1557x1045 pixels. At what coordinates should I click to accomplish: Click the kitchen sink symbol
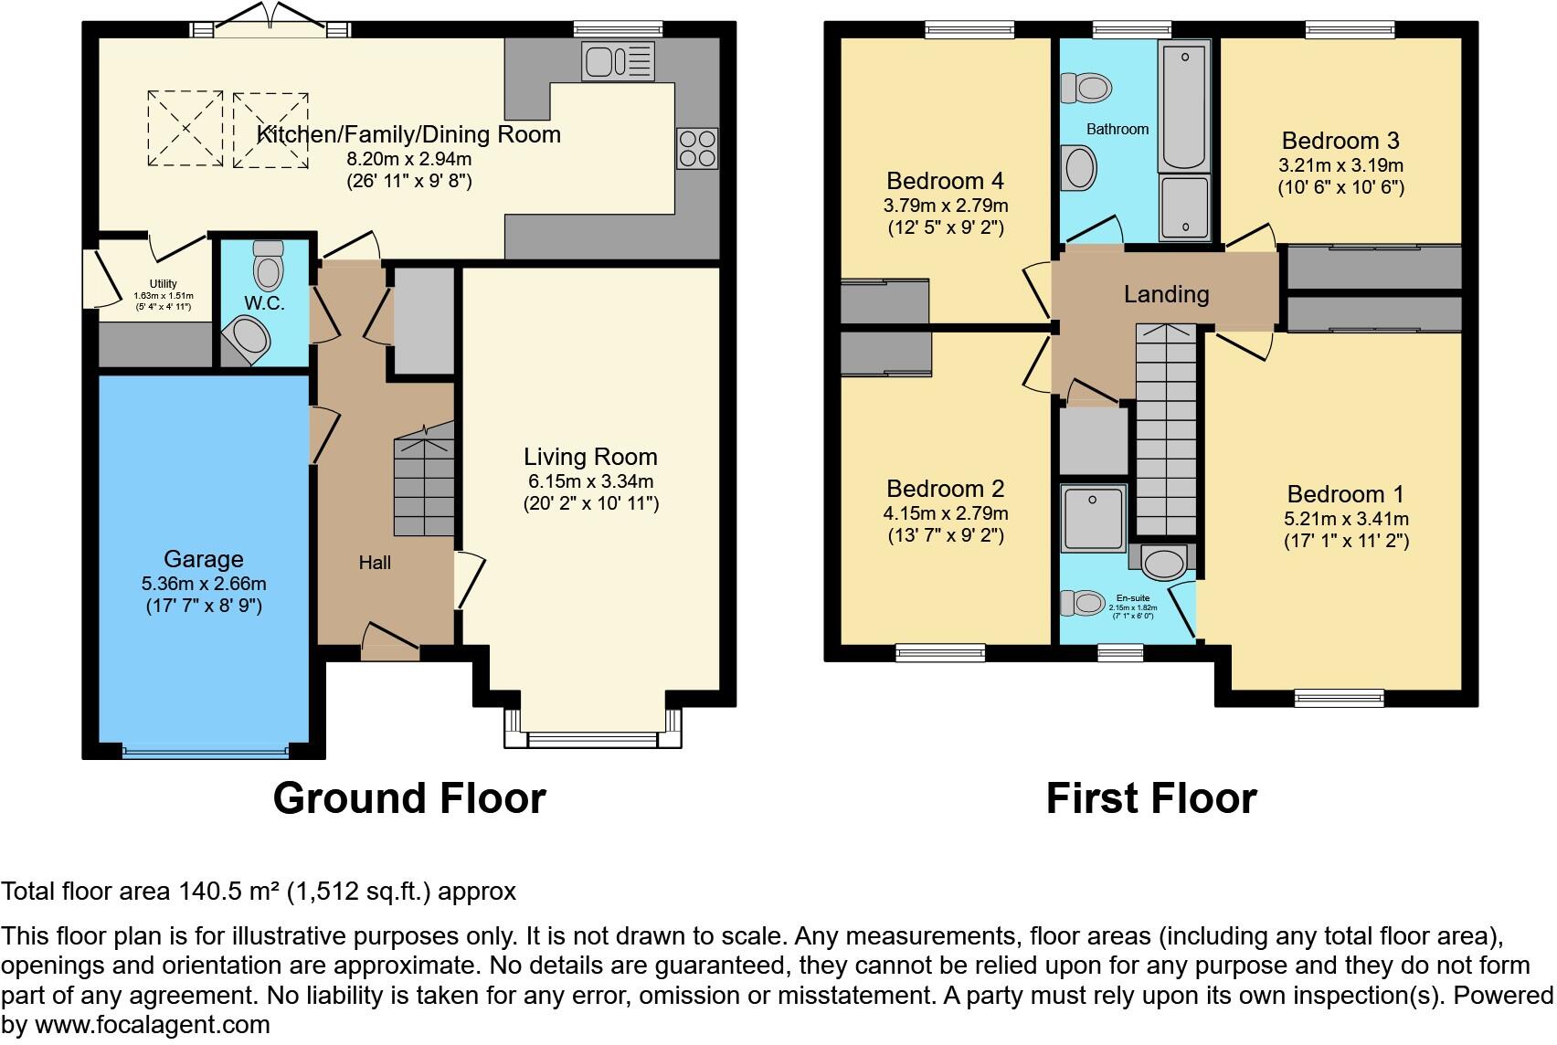pos(619,62)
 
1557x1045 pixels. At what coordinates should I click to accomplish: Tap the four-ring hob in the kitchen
pos(697,149)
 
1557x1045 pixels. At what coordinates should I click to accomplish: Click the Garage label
pos(204,559)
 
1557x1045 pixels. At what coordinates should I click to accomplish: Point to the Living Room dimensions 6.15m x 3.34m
pos(590,481)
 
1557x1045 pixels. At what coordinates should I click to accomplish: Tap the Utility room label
pos(164,284)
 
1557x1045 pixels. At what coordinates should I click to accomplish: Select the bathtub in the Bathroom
pos(1184,105)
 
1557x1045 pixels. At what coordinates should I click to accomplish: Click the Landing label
pos(1166,294)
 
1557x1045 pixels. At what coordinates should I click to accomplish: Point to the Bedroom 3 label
pos(1340,141)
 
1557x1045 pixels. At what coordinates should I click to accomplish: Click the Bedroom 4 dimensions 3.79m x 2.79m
pos(946,206)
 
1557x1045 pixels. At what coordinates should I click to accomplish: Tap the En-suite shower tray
pos(1094,518)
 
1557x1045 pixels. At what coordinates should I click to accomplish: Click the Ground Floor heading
pos(409,798)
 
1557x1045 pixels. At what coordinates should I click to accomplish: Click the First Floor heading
pos(1151,798)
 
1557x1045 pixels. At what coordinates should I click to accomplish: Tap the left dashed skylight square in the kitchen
pos(185,128)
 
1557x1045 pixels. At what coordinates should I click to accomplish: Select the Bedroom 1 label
pos(1345,495)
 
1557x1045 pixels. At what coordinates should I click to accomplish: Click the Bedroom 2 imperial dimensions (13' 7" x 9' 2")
pos(946,536)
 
